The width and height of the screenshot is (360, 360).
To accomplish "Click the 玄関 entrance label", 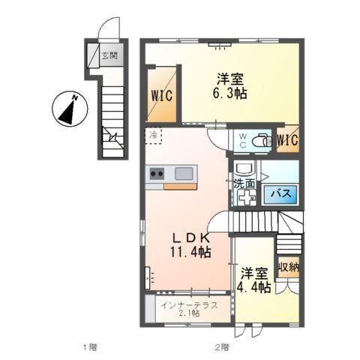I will coord(109,55).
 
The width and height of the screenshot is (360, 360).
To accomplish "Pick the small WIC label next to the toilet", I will coord(287,140).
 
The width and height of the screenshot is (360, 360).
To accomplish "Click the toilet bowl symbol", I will coord(262,140).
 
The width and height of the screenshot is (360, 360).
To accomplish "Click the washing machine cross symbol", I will coord(246,198).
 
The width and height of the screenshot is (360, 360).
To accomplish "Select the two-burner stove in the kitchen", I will coord(157,173).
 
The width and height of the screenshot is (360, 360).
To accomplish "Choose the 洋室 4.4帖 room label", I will coord(255,280).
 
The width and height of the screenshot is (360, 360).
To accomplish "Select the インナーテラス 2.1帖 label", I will coord(189,310).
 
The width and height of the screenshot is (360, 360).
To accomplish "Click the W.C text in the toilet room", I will coord(243,140).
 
